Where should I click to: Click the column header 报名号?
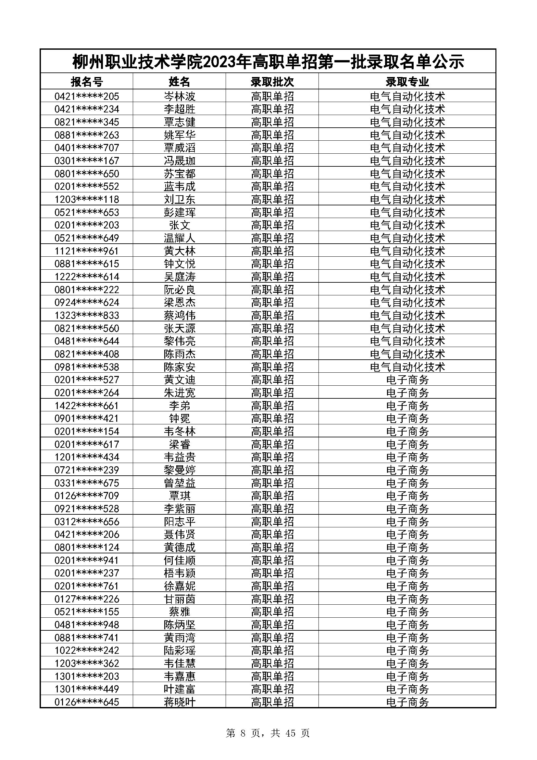pyautogui.click(x=87, y=82)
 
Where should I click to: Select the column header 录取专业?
pyautogui.click(x=407, y=82)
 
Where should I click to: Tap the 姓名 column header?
pyautogui.click(x=180, y=82)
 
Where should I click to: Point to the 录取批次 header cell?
pyautogui.click(x=272, y=82)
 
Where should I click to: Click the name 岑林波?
pyautogui.click(x=180, y=96)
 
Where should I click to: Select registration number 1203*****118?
pyautogui.click(x=87, y=199)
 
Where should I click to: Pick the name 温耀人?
pyautogui.click(x=180, y=238)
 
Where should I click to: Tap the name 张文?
pyautogui.click(x=180, y=225)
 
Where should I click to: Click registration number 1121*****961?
pyautogui.click(x=87, y=251)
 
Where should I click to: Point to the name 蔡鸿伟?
pyautogui.click(x=180, y=315)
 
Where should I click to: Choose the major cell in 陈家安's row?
pyautogui.click(x=407, y=367)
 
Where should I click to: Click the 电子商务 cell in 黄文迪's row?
pyautogui.click(x=407, y=380)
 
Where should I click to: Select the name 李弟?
pyautogui.click(x=180, y=406)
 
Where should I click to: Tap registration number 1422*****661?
pyautogui.click(x=87, y=406)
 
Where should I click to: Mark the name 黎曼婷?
pyautogui.click(x=180, y=470)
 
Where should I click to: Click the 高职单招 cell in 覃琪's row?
pyautogui.click(x=272, y=496)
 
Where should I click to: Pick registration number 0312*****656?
pyautogui.click(x=87, y=521)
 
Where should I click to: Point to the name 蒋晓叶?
pyautogui.click(x=180, y=702)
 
